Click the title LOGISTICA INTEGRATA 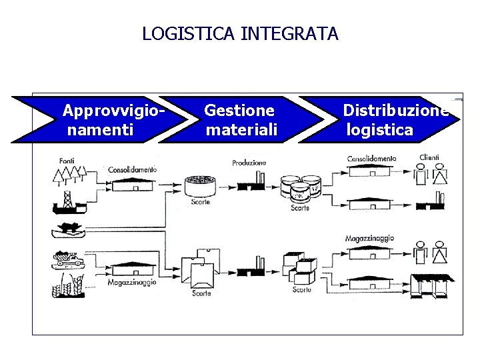(240, 33)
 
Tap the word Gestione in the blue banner (239, 110)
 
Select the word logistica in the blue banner (379, 130)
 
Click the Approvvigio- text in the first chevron (113, 111)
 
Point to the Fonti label (67, 161)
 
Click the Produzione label (249, 163)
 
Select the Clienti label (429, 157)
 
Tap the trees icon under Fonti (70, 175)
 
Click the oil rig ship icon (69, 203)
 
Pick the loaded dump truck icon (68, 260)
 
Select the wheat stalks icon (68, 285)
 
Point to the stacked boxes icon (300, 269)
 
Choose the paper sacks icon (200, 269)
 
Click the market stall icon (431, 286)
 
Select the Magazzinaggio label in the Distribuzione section (369, 238)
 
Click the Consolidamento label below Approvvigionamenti (132, 169)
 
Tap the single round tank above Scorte (200, 186)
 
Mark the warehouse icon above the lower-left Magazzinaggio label (133, 269)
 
